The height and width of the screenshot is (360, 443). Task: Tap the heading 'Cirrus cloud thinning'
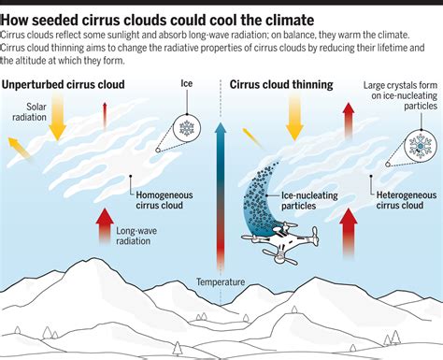point(281,85)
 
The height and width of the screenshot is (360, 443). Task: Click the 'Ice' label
point(185,84)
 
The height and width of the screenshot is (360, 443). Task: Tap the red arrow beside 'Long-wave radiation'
point(102,235)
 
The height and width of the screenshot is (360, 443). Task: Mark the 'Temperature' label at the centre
point(221,281)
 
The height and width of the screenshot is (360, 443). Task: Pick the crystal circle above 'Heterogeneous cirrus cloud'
point(420,145)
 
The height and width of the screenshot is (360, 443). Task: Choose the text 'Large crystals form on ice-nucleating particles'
point(399,99)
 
